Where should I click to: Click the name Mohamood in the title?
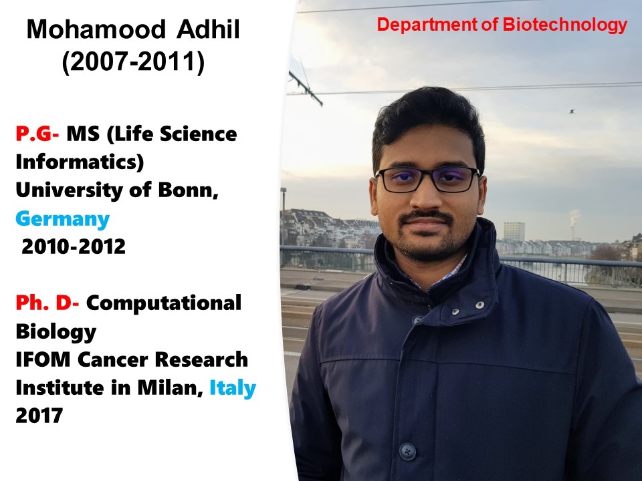96,29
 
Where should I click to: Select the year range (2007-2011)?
133,63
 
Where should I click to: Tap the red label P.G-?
37,134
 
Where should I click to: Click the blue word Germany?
63,220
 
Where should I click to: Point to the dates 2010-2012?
74,247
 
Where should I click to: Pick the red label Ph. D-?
47,303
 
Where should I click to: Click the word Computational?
164,303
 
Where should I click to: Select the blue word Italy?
233,388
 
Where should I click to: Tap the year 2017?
39,416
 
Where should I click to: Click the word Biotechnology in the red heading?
565,25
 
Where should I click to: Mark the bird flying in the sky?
572,111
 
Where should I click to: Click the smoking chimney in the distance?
573,232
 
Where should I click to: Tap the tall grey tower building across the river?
514,232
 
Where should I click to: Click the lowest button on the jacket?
407,451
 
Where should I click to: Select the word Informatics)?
80,162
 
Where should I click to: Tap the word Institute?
60,387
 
